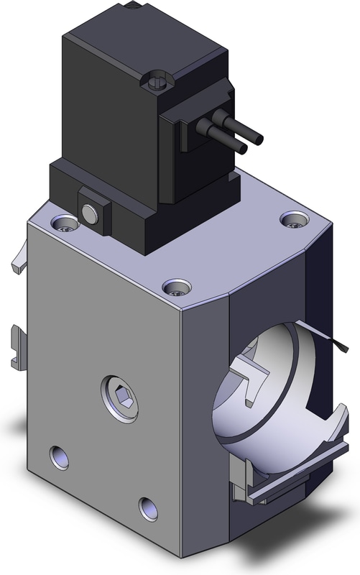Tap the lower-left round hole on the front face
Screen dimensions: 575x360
click(59, 456)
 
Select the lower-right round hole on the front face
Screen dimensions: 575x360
click(148, 508)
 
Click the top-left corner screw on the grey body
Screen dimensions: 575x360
click(66, 224)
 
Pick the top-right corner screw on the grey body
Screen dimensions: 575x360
click(292, 220)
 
